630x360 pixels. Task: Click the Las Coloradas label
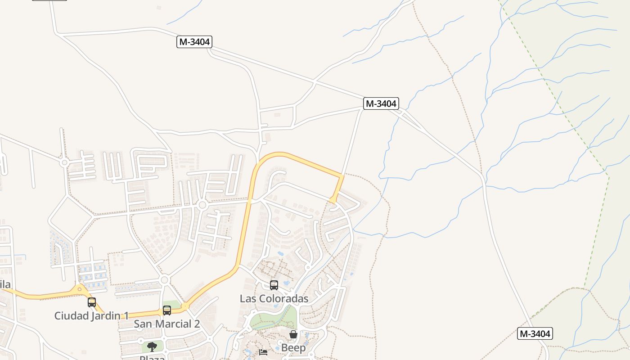tap(274, 299)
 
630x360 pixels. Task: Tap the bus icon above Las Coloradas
tap(274, 285)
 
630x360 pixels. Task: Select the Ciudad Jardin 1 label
tap(91, 316)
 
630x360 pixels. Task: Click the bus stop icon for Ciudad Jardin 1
tap(92, 302)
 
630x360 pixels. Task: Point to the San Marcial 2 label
tap(167, 324)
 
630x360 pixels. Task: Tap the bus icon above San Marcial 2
tap(167, 310)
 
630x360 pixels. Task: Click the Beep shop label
tap(293, 348)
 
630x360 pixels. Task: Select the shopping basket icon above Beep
tap(293, 334)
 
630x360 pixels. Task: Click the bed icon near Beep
tap(263, 352)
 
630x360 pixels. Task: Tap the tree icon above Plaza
tap(152, 346)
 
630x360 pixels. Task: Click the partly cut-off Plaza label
tap(152, 358)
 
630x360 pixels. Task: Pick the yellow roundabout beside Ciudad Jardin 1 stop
tap(80, 288)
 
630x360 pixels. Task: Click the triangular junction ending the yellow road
tap(333, 200)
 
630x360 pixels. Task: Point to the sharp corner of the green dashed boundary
tap(608, 175)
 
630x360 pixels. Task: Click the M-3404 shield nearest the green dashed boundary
tap(535, 334)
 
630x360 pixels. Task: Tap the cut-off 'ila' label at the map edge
tap(5, 284)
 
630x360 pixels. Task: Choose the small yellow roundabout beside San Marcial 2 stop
tap(185, 306)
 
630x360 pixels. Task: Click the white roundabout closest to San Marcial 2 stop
tap(164, 280)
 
